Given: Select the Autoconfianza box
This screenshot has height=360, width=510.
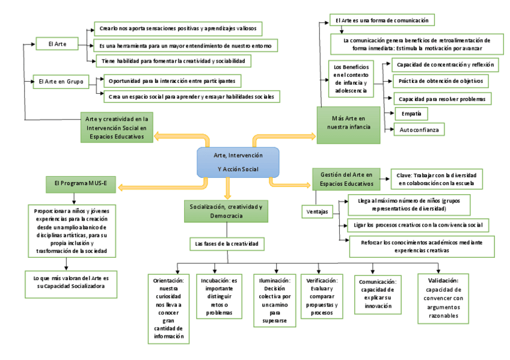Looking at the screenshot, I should coord(419,129).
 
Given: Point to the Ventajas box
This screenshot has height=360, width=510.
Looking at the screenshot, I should coord(318,211).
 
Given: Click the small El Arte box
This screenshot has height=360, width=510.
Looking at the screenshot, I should coord(51,43).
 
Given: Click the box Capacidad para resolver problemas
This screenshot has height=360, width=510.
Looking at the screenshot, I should coord(441,98).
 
